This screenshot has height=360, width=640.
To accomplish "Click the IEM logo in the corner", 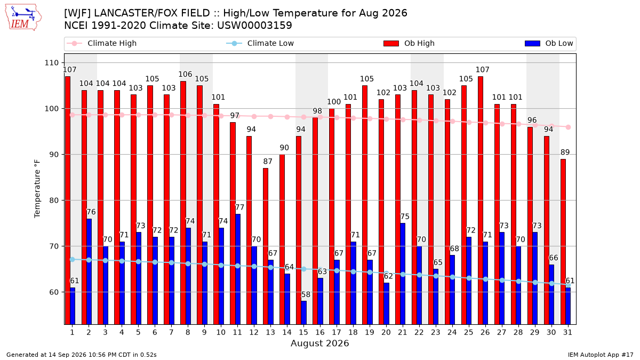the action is pos(23,18).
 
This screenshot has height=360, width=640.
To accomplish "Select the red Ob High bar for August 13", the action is pos(266,246).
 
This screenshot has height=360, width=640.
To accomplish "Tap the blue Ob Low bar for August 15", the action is pos(303,313).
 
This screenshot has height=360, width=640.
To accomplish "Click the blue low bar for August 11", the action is pos(238,269).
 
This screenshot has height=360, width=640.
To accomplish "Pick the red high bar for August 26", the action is pos(481,201).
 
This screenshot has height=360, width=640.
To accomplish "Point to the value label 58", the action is pos(306,294).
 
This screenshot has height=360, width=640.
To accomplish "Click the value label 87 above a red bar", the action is pos(268,162).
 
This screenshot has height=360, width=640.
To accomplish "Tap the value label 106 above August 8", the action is pos(185,74).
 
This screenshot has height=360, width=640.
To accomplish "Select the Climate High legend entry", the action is pos(101,43).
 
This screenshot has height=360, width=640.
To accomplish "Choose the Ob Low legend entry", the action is pos(549,43).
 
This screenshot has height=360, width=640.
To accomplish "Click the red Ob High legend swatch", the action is pos(391,43).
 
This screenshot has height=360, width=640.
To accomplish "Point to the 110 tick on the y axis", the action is pos(51,62).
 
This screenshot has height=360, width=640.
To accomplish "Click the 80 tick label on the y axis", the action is pos(54,201).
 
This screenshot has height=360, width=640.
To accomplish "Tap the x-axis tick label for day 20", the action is pos(386,332).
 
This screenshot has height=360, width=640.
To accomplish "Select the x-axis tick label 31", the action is pos(567,332).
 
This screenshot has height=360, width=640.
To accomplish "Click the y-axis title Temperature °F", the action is pos(37,189).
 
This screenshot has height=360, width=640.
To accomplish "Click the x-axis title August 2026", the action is pos(319,343).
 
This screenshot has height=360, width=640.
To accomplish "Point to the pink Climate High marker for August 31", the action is pos(569,127).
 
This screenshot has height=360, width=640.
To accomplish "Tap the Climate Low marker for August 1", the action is pos(73,259).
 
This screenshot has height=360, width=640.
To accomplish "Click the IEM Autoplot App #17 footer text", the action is pos(601,355).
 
